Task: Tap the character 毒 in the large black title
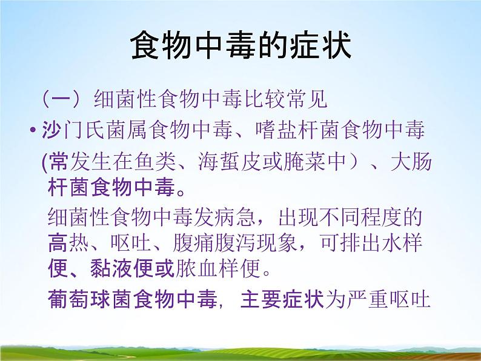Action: click(x=242, y=46)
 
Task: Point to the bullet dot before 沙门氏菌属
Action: click(x=33, y=131)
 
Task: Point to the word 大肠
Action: click(x=411, y=161)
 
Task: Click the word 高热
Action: click(x=68, y=243)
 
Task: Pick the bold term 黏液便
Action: click(x=122, y=268)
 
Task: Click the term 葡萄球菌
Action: click(x=90, y=299)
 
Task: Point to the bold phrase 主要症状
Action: click(x=282, y=299)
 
